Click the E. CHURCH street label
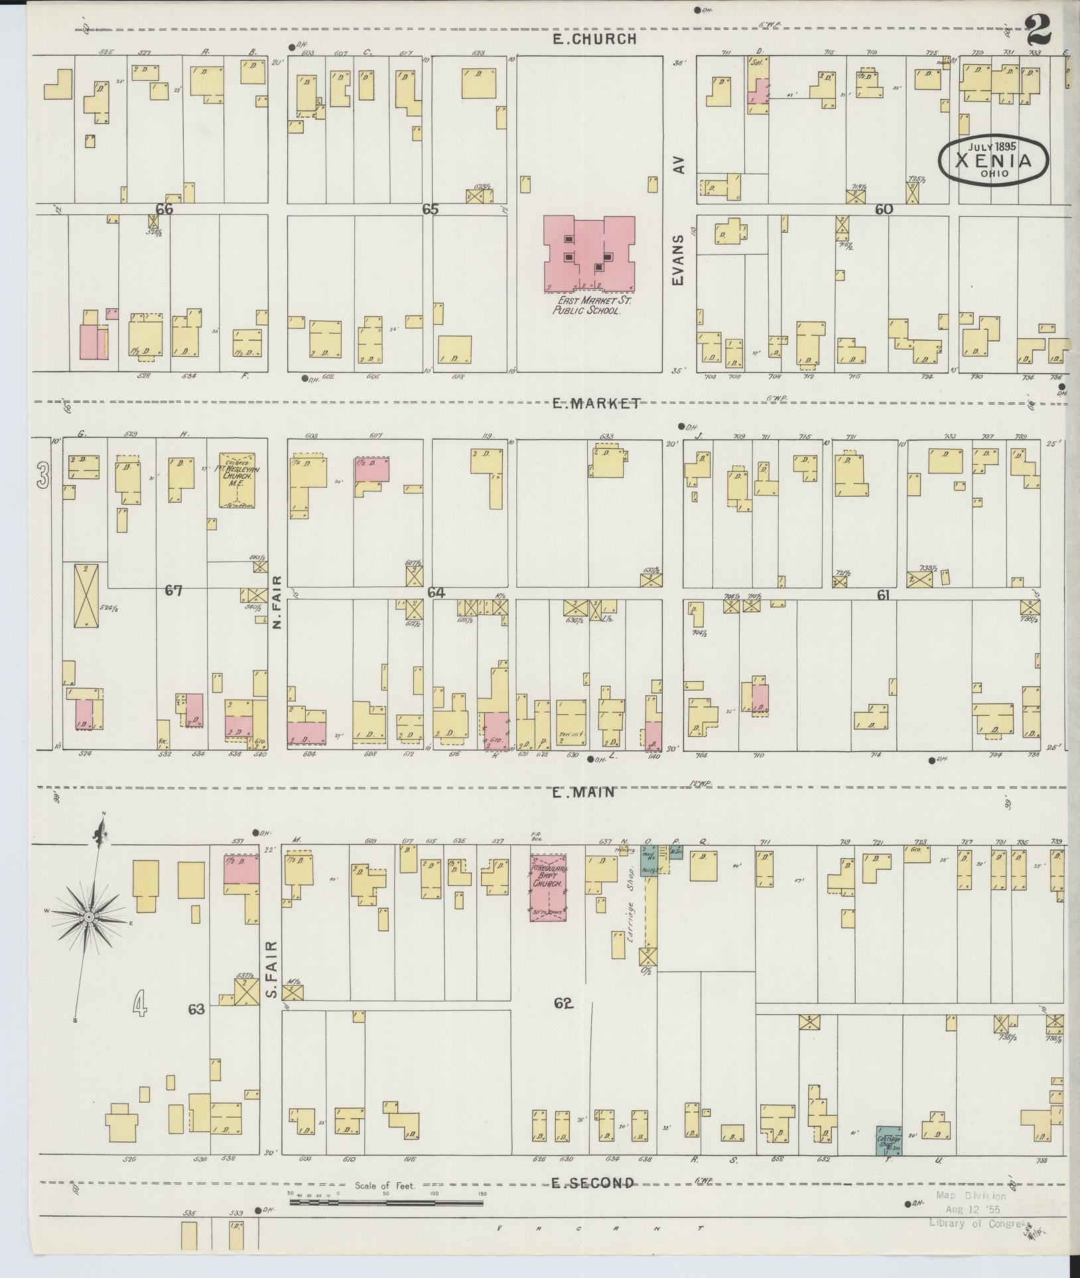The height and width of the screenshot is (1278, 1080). pos(595,39)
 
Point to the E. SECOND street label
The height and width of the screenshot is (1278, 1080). pos(592,1182)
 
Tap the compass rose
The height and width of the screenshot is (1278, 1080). pos(88,917)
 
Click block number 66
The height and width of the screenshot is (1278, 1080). pos(164,210)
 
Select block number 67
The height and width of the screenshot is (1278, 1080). pos(174,590)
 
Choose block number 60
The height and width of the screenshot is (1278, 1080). pos(884,210)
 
